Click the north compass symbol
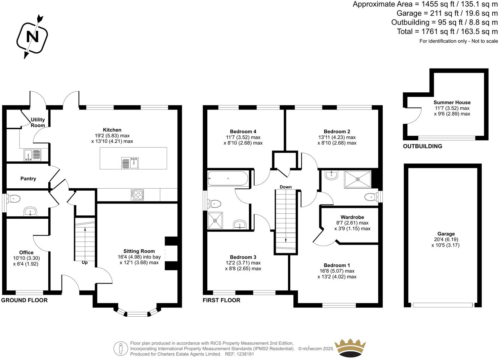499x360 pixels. pos(32,36)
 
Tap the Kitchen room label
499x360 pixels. pos(112,130)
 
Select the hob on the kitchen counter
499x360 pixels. pos(137,194)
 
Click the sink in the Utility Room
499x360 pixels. pos(32,155)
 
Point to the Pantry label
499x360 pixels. pos(28,179)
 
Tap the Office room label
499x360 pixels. pos(26,252)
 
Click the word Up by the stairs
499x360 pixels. pos(85,262)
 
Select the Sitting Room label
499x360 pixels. pos(139,251)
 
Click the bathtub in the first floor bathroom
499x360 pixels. pos(228,179)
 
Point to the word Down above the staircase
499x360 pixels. pos(286,187)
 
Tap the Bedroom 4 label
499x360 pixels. pos(243,131)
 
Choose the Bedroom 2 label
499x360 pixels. pos(337,131)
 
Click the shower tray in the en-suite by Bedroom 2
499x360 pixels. pos(358,179)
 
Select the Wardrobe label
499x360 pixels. pos(352,217)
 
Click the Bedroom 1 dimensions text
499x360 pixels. pos(337,274)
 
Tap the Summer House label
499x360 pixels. pos(452,103)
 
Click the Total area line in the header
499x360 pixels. pos(447,32)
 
